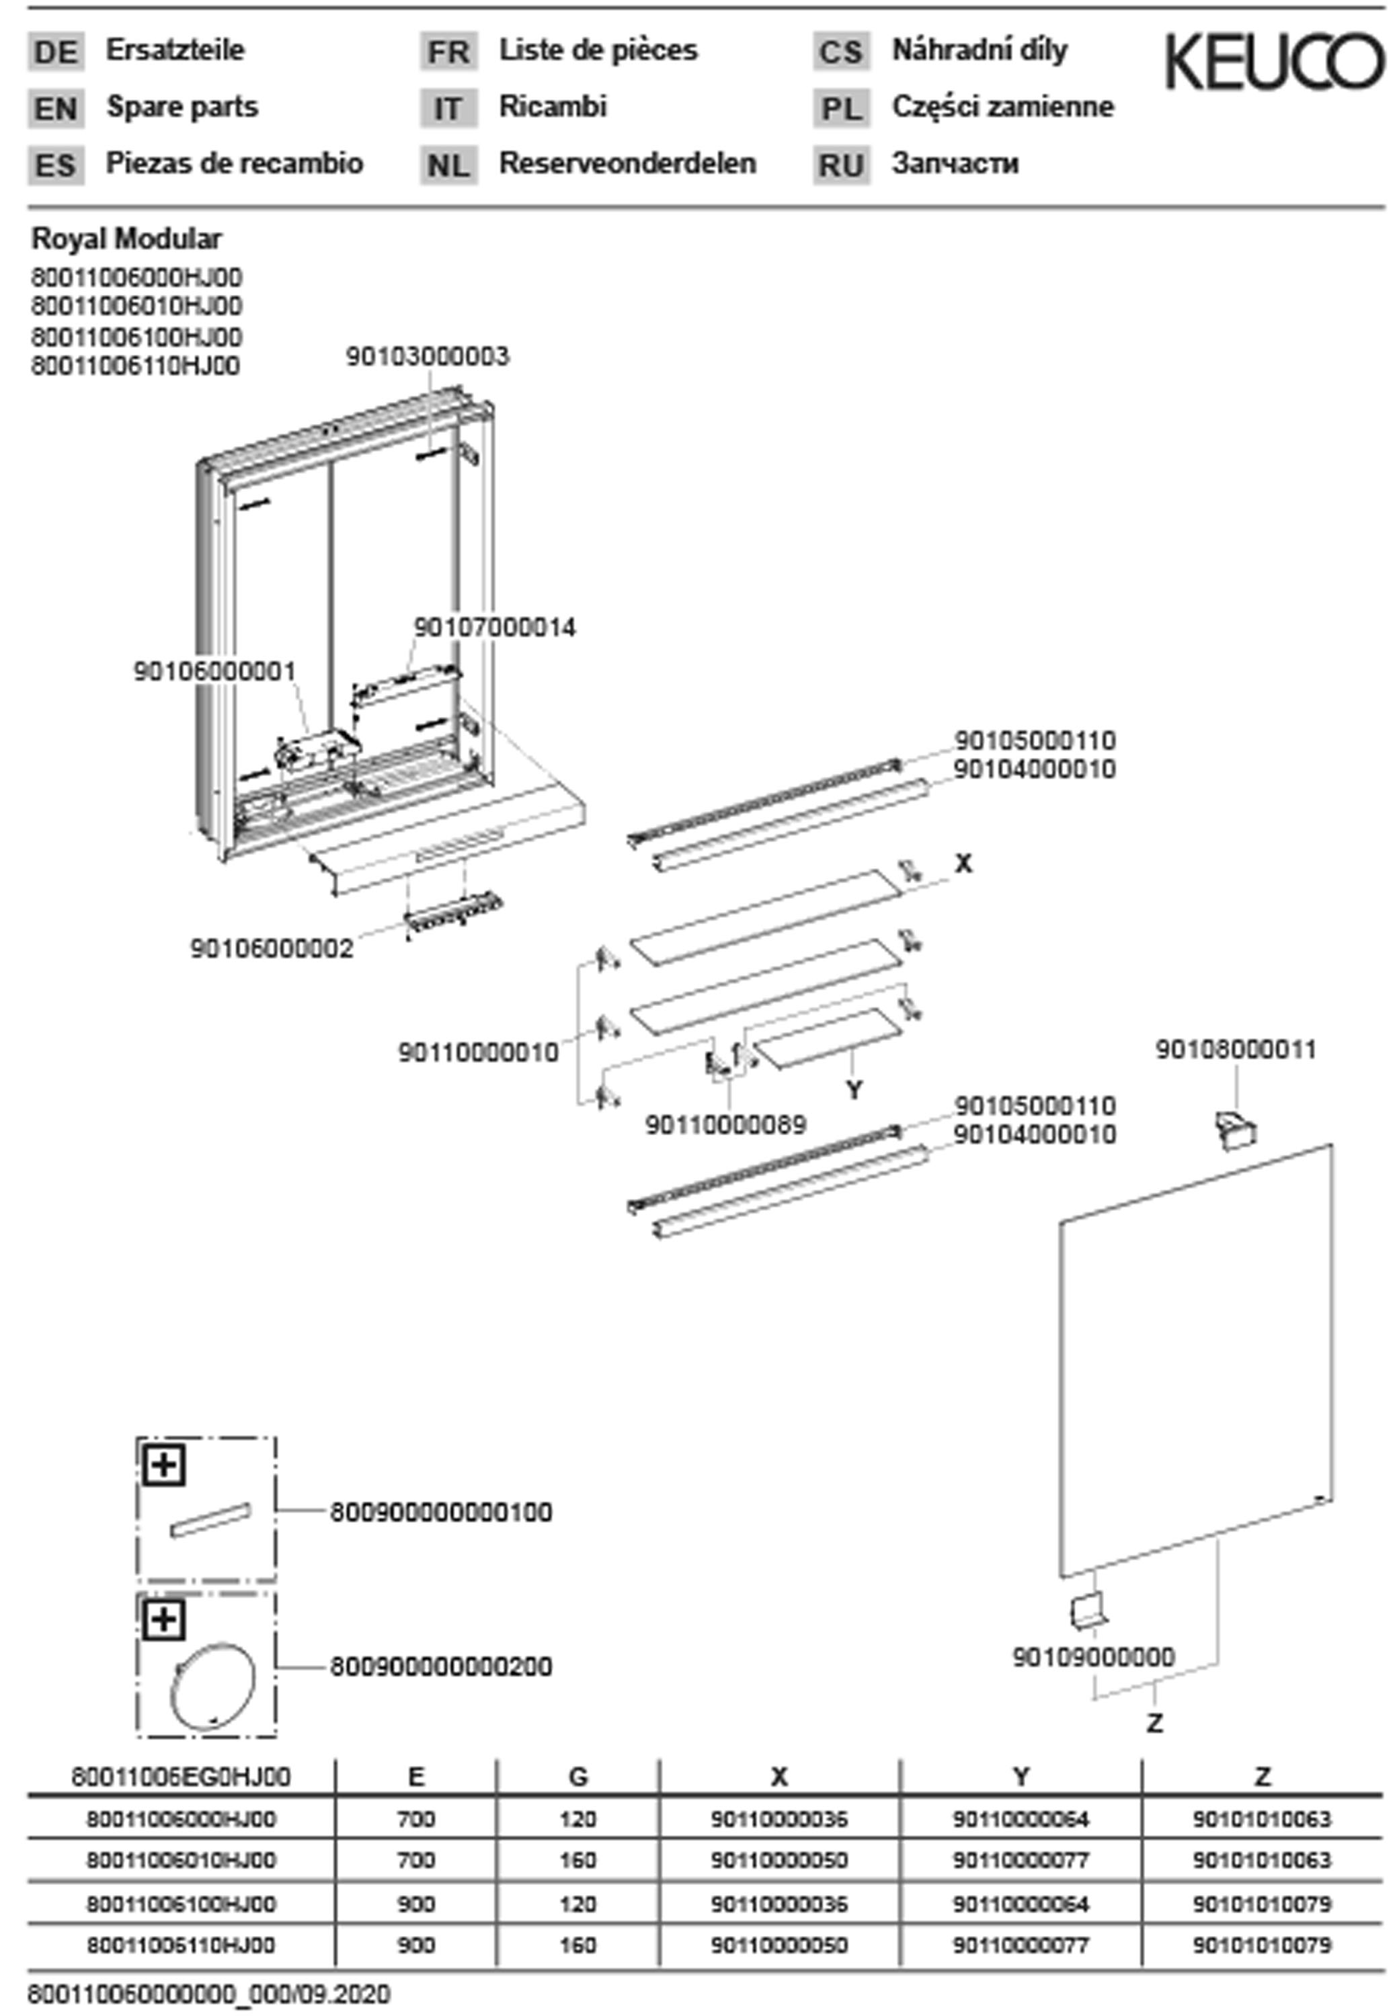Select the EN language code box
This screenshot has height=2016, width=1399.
[x=56, y=109]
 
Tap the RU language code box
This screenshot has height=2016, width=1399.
[x=840, y=165]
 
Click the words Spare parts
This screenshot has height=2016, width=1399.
[x=182, y=107]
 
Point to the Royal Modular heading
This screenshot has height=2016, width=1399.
[x=126, y=239]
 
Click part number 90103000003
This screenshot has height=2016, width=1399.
[x=427, y=357]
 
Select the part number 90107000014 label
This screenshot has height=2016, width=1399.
[x=494, y=628]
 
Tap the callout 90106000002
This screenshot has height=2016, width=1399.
[x=272, y=948]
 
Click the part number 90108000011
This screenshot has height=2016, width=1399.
[x=1235, y=1049]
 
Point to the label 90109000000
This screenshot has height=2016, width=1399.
[x=1093, y=1656]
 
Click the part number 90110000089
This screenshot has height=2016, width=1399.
[x=725, y=1124]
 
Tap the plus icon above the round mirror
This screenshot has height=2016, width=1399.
[x=164, y=1620]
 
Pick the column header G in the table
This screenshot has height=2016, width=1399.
[x=577, y=1777]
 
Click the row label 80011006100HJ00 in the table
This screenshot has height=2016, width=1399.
[x=181, y=1904]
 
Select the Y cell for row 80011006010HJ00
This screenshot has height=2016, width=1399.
[x=1021, y=1859]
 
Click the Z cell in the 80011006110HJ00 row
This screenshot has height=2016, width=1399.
[x=1261, y=1944]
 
